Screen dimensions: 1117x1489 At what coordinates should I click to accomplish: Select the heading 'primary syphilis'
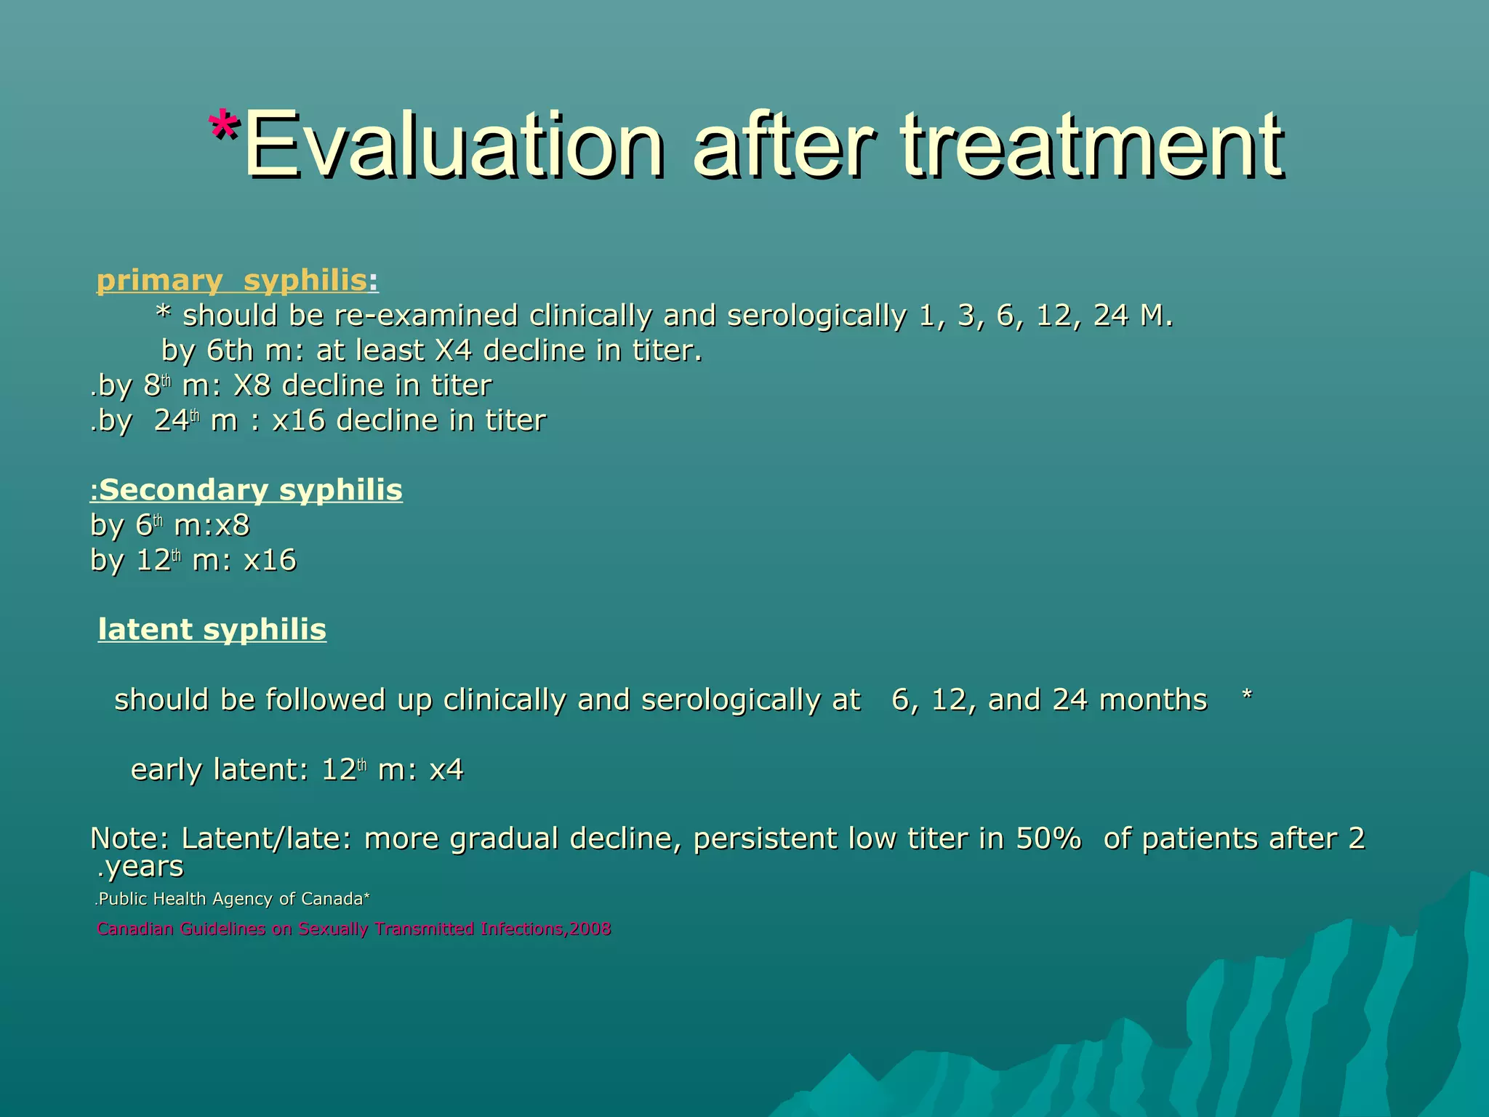pos(232,280)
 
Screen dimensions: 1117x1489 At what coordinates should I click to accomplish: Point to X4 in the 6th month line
pos(453,351)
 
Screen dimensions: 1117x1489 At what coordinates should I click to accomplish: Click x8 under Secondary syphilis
pos(232,525)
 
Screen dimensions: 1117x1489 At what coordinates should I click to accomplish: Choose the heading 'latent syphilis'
pos(212,630)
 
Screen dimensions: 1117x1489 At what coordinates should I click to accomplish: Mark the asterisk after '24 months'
pos(1247,697)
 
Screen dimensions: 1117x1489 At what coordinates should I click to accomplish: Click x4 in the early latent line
pos(446,769)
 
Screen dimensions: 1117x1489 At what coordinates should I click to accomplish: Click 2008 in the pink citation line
pos(590,929)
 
